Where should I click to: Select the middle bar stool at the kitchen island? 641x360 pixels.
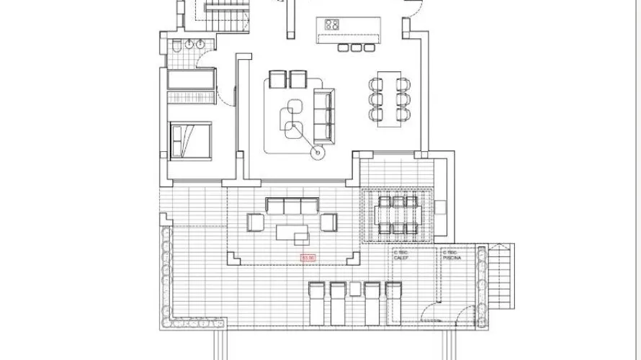click(354, 48)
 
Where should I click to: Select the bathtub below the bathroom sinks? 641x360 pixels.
click(191, 79)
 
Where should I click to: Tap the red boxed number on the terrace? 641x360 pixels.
click(308, 256)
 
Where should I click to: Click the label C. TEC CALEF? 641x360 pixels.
click(401, 256)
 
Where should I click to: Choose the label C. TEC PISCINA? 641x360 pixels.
click(452, 256)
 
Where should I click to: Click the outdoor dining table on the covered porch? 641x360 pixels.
click(395, 215)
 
